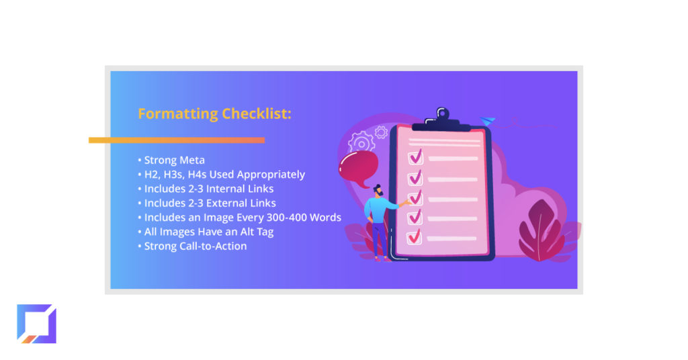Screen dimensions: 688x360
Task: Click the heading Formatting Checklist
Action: (x=214, y=114)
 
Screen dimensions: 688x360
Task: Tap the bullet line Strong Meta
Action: (x=171, y=160)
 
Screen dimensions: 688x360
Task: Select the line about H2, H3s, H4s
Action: (x=222, y=175)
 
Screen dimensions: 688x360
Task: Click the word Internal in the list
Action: (x=227, y=189)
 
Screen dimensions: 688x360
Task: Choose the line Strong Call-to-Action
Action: (x=193, y=246)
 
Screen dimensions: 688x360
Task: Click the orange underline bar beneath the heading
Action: (x=177, y=140)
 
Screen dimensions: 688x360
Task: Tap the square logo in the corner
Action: (x=36, y=324)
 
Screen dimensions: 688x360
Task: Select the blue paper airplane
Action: (x=488, y=121)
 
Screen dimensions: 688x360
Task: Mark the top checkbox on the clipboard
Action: (x=415, y=157)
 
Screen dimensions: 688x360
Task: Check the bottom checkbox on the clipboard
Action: (x=414, y=237)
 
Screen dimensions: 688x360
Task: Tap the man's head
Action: (x=378, y=190)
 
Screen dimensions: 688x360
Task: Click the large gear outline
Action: (x=361, y=143)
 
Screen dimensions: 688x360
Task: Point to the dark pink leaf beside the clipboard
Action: (x=541, y=230)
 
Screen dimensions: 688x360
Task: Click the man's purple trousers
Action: (x=380, y=239)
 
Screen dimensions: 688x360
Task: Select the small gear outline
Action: (x=382, y=132)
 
